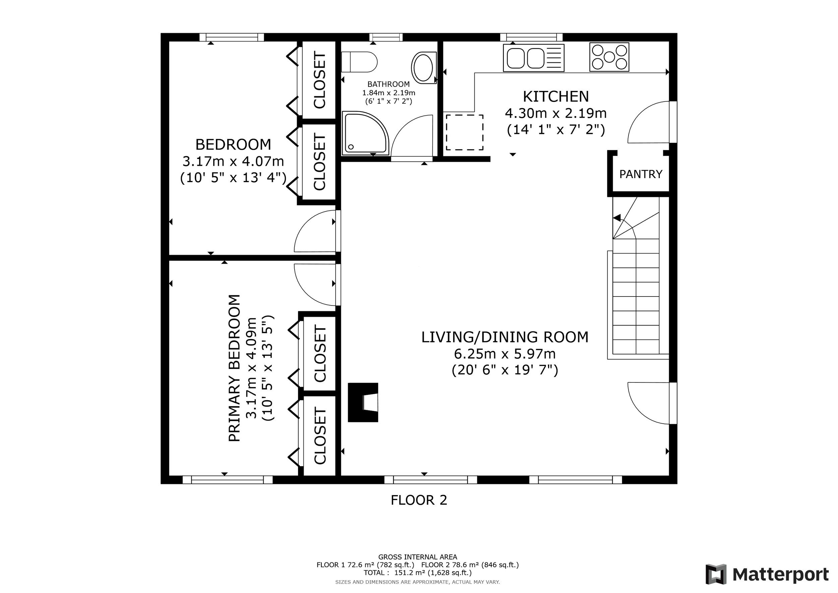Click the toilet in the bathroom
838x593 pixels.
[x=359, y=62]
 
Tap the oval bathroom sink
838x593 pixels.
[x=424, y=68]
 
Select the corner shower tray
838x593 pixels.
[x=365, y=133]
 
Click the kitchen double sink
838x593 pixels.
[x=534, y=58]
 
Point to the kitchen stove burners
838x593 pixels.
[x=609, y=57]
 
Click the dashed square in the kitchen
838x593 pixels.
[x=465, y=132]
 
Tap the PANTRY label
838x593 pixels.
[x=641, y=174]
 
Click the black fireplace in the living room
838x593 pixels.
[x=363, y=402]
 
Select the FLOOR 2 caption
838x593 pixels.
[x=419, y=500]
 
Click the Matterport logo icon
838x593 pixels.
[x=716, y=574]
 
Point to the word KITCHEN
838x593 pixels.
[x=556, y=97]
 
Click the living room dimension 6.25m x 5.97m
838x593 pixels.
[x=505, y=354]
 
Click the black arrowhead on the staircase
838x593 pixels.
[x=616, y=218]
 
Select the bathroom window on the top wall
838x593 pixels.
[x=386, y=37]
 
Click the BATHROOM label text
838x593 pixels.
[x=388, y=84]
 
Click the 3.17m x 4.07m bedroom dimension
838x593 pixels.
[x=233, y=161]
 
